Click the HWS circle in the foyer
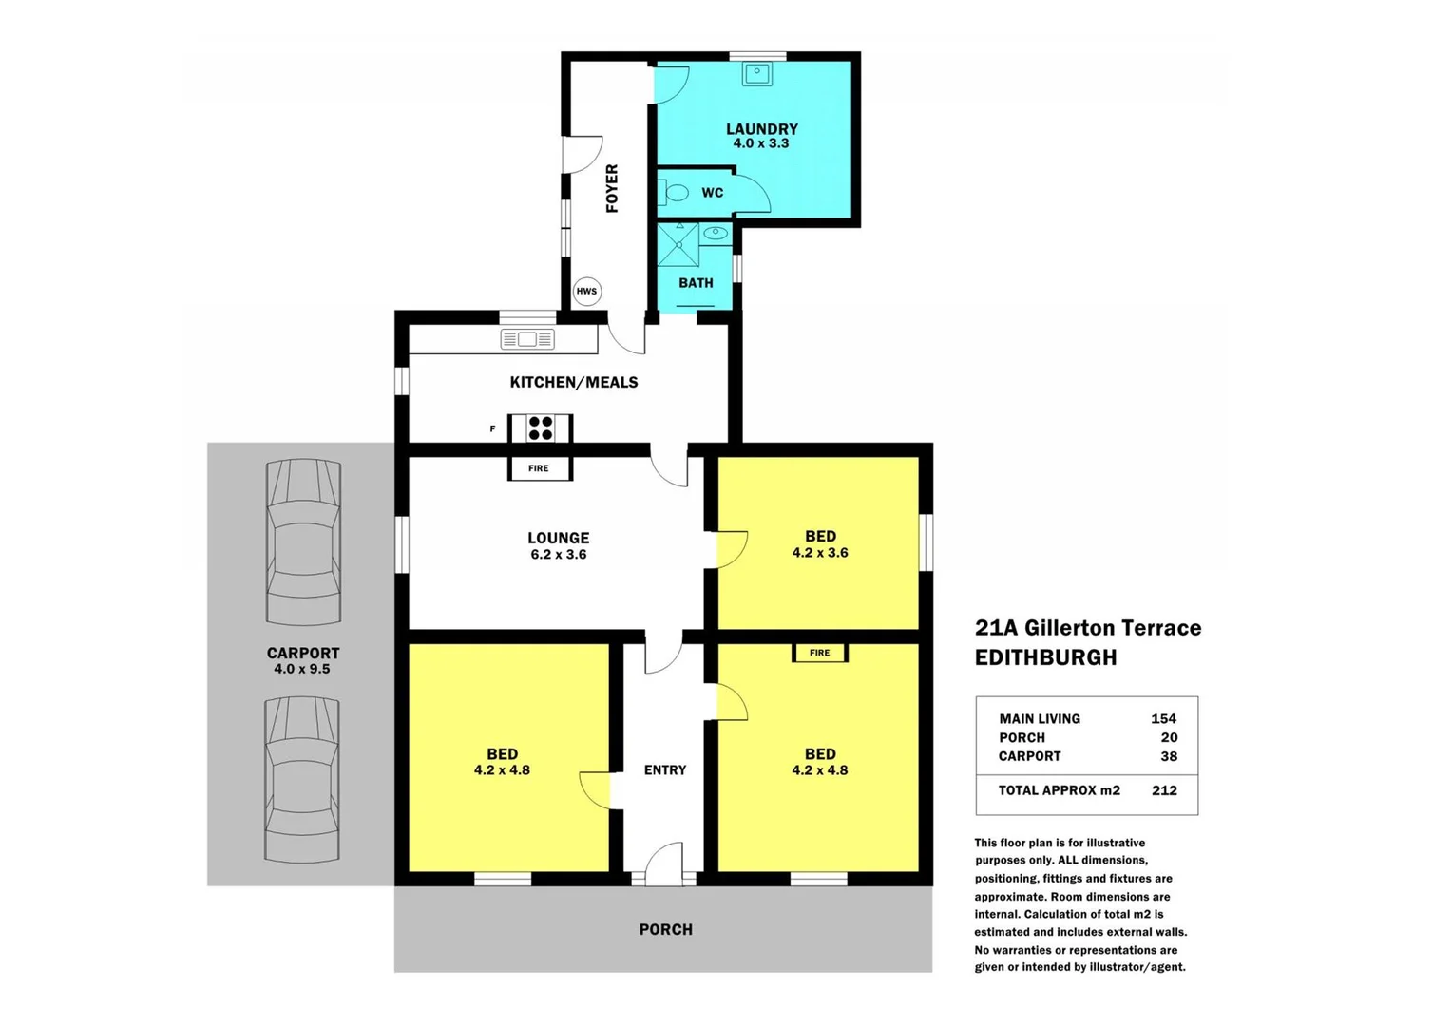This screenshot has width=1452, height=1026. coord(586,291)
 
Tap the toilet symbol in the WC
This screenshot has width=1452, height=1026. coord(677,193)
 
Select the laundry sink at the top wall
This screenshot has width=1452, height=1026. coord(757,73)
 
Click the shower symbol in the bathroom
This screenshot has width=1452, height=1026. coord(678,244)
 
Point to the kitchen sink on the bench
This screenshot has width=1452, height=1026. coord(527,339)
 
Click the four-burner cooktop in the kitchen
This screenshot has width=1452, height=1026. coord(541,428)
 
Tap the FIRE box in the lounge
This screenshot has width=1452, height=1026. coord(539,468)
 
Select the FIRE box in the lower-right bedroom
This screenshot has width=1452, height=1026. coord(819,653)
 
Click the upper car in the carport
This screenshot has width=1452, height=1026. coord(303,541)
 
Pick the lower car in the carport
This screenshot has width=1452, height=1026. coord(302,779)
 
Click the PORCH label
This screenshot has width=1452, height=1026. coord(665,929)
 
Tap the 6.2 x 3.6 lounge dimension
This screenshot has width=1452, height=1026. coord(559,555)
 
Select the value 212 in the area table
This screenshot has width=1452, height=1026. coord(1164,790)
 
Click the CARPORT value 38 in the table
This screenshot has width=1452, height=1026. coord(1169,756)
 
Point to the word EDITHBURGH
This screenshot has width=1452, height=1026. coord(1045,657)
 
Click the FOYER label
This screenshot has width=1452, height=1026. coord(612,188)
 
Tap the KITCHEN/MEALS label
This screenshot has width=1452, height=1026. coord(574,382)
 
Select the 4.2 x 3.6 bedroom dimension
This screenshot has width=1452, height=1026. coord(820,553)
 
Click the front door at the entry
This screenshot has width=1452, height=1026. coord(663,866)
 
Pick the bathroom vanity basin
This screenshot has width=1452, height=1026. coord(716,233)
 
